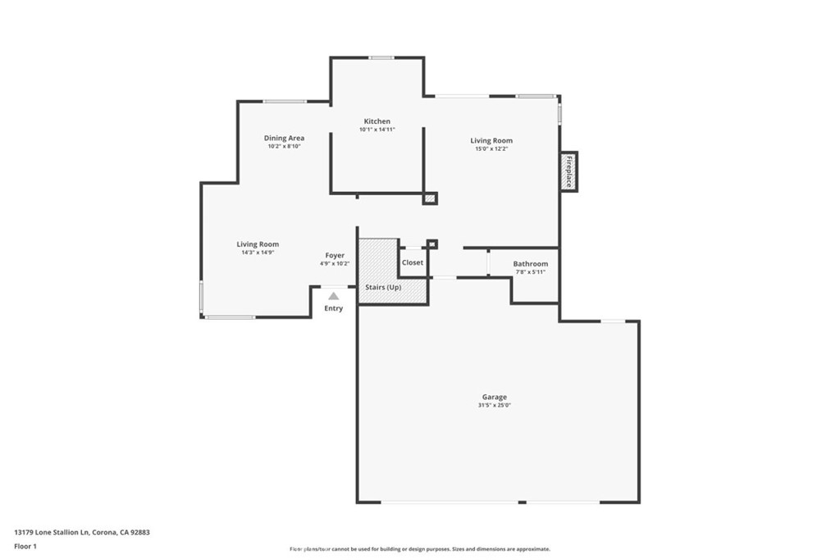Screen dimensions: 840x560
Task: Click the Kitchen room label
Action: pos(377,121)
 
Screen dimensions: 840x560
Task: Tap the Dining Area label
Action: pos(284,138)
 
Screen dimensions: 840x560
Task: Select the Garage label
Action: pos(495,397)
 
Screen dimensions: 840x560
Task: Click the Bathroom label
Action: pos(531,264)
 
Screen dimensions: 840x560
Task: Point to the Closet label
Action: pos(413,263)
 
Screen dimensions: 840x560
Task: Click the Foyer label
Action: pos(335,256)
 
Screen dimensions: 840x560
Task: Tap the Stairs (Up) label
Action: pos(383,288)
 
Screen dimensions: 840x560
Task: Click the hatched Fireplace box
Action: pos(569,171)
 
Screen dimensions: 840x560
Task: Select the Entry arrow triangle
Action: pos(334,296)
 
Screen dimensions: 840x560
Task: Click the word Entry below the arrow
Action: pos(333,308)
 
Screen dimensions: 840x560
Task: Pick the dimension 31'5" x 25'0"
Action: pos(495,406)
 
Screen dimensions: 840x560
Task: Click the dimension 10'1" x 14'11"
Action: pos(377,130)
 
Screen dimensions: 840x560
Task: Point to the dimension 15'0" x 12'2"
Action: pos(491,149)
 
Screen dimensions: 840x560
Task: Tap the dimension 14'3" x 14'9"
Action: pos(258,253)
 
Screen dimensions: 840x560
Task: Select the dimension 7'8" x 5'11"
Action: pos(531,272)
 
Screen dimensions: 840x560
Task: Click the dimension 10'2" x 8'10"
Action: pos(284,146)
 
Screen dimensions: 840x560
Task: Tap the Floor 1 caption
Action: pos(25,547)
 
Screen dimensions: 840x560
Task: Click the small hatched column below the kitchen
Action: pos(430,198)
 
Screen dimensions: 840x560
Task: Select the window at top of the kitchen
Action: pos(381,58)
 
